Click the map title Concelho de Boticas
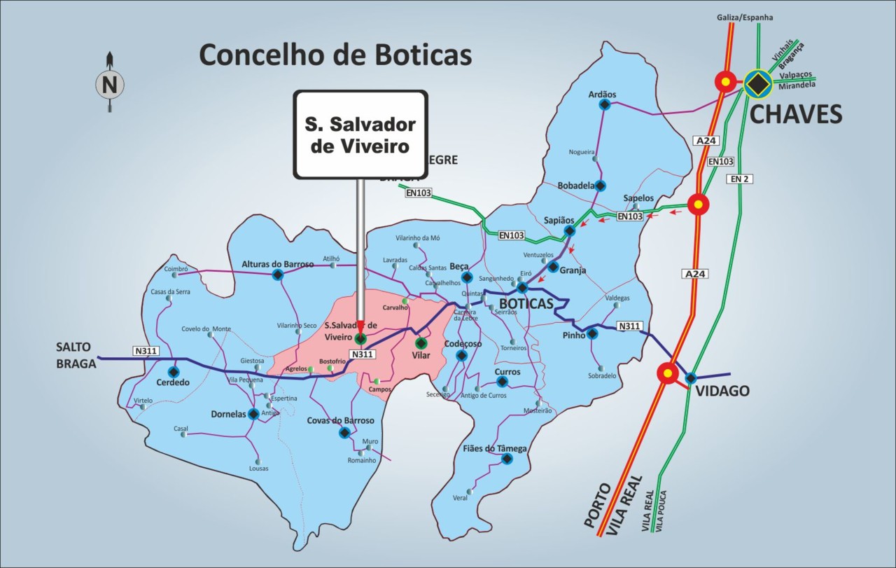tap(335, 55)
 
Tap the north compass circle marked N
tap(110, 85)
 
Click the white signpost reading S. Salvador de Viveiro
tap(360, 135)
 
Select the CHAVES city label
tap(796, 113)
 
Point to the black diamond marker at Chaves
tap(757, 84)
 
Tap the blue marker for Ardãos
tap(603, 105)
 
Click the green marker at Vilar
tap(421, 343)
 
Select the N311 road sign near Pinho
tap(630, 326)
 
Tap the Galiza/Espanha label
tap(745, 17)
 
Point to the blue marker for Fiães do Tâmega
tap(507, 459)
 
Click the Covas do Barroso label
tap(340, 420)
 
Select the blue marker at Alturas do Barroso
tap(277, 275)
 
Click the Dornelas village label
tap(228, 414)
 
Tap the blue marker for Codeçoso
tap(461, 356)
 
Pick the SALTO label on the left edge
tap(76, 347)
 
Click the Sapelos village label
tap(638, 198)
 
